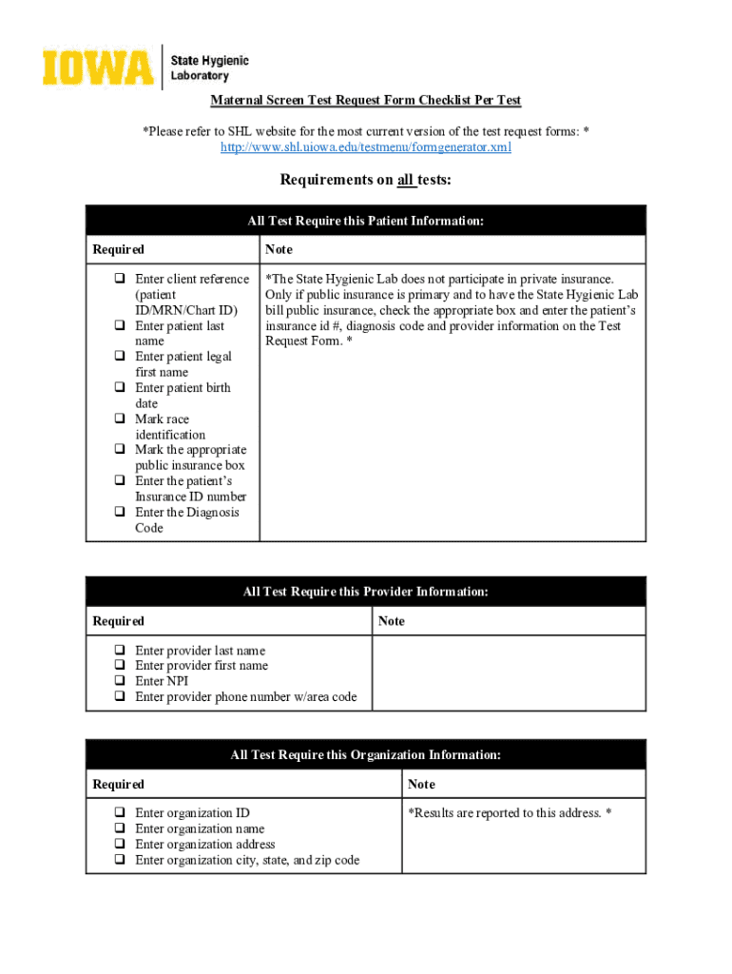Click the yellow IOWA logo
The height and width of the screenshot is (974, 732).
tap(97, 68)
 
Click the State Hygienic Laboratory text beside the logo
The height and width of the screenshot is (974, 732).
tap(209, 68)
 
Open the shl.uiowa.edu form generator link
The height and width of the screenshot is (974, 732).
tap(366, 147)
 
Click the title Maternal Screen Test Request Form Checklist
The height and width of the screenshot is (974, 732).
tap(366, 101)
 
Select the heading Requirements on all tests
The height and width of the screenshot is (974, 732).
tap(366, 181)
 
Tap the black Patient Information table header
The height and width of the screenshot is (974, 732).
tap(366, 221)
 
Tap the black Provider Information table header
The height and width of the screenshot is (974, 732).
tap(366, 592)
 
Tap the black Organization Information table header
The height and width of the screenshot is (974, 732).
tap(366, 755)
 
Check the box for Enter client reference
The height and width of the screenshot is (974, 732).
tap(121, 280)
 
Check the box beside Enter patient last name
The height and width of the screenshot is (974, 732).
tap(121, 326)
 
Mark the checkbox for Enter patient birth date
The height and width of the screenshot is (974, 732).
tap(121, 388)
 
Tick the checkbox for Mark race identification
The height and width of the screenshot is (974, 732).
tap(121, 419)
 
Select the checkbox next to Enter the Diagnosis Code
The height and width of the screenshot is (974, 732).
tap(121, 513)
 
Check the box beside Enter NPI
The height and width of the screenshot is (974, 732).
tap(121, 681)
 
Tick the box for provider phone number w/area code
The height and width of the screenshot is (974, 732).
tap(121, 697)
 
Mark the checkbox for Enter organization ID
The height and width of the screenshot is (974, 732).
tap(121, 813)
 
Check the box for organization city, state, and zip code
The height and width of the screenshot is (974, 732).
tap(121, 860)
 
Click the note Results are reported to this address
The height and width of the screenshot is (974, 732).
tap(510, 813)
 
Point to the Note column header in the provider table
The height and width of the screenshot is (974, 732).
tap(392, 621)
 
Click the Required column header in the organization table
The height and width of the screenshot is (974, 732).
tap(119, 785)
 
